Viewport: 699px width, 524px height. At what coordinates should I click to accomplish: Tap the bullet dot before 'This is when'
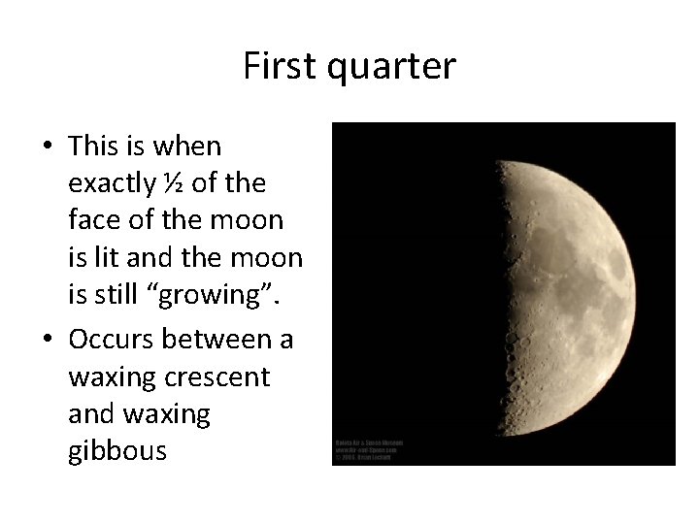point(48,147)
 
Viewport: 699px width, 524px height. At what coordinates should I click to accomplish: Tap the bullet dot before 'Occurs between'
point(48,340)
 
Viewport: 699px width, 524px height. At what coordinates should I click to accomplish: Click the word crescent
point(218,377)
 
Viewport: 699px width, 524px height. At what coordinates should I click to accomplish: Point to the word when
point(187,147)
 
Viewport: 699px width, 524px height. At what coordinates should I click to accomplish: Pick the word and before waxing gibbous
point(90,414)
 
